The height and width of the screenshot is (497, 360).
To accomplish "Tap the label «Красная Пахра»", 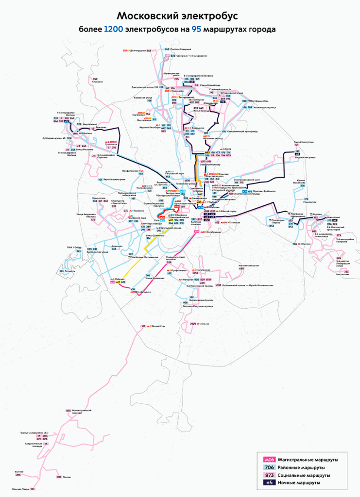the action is tap(20, 490).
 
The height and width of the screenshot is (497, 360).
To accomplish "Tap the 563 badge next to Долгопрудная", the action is tap(149, 50).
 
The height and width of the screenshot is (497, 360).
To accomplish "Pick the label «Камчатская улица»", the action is tap(302, 143).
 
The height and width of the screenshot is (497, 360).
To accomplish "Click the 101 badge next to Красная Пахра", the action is tap(33, 490).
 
